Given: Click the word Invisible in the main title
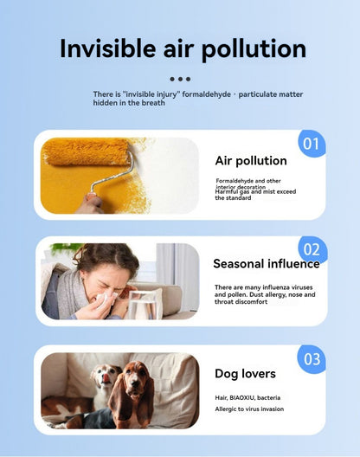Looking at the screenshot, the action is pos(107,48).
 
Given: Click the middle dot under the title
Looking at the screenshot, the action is pos(180,79).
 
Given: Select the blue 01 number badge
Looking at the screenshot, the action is pos(312,144).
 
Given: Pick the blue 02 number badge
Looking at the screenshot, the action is pos(312,249).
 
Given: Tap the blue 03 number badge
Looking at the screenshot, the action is pos(312,359).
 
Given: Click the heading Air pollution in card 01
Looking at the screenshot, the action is pos(251,161).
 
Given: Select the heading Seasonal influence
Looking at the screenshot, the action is pos(267,264).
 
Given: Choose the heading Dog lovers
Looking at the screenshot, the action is pos(245,374).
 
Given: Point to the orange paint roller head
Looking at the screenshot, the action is pos(86,151).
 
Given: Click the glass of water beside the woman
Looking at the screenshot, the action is pos(142,306).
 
